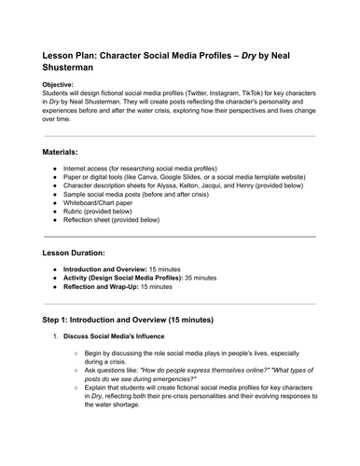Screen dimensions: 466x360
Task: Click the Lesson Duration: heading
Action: pyautogui.click(x=82, y=253)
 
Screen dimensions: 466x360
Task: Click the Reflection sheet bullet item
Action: pyautogui.click(x=113, y=221)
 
